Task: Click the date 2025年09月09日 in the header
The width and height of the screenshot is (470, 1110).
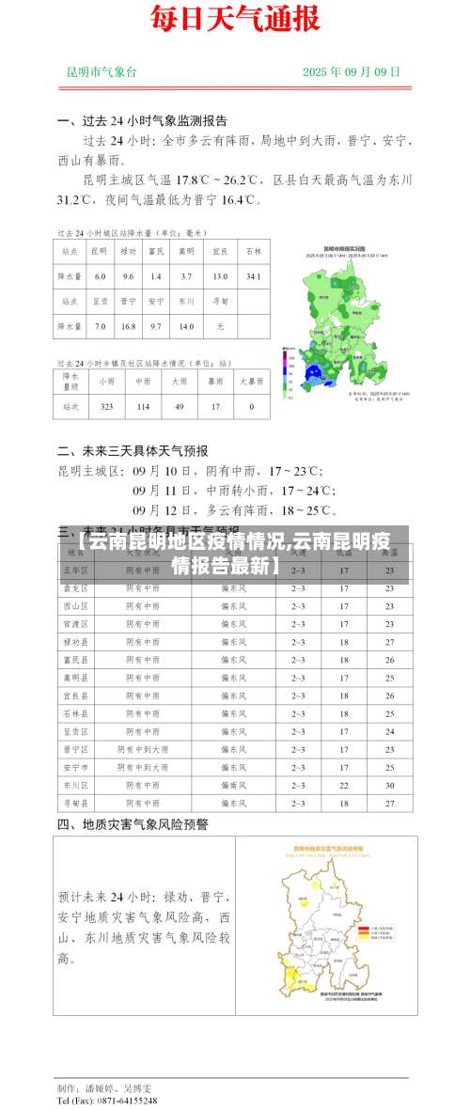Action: tap(352, 71)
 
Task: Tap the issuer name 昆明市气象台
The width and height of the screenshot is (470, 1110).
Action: tap(102, 71)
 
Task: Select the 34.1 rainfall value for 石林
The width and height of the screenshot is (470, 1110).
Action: tap(253, 276)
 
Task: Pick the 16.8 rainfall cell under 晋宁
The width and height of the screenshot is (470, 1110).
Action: tap(129, 326)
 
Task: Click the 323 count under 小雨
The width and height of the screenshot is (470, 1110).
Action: tap(107, 407)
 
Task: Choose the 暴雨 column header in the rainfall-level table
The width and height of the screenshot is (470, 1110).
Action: tap(215, 382)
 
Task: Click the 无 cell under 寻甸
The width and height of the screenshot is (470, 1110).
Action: tap(220, 326)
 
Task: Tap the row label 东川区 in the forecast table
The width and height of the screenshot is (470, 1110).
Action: tap(75, 784)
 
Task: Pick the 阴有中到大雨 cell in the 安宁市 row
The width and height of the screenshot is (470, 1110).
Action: tap(144, 767)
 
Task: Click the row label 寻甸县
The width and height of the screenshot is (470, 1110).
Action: tap(75, 803)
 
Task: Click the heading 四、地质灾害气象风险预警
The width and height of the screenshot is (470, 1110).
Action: tap(133, 824)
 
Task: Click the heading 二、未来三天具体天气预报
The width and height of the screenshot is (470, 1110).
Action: tap(133, 449)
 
